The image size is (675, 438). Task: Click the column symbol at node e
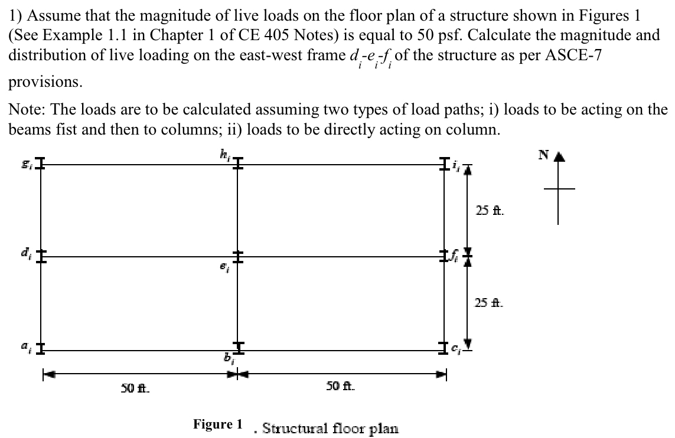pyautogui.click(x=237, y=257)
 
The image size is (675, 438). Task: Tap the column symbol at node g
pyautogui.click(x=41, y=165)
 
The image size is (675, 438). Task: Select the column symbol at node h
pyautogui.click(x=237, y=165)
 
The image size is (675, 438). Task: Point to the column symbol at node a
pyautogui.click(x=41, y=349)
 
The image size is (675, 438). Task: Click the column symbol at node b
pyautogui.click(x=237, y=348)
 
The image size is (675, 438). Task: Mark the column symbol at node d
pyautogui.click(x=41, y=257)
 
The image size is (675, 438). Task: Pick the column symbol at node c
pyautogui.click(x=445, y=349)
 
